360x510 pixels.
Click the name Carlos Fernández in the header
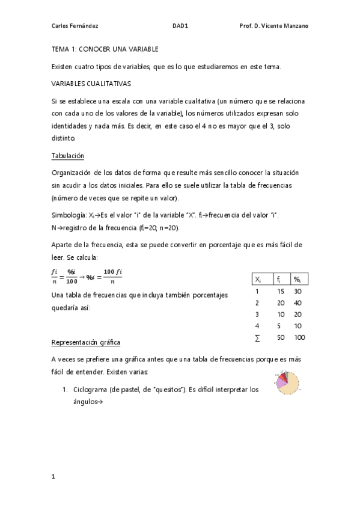point(75,26)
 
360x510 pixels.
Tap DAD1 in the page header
point(180,26)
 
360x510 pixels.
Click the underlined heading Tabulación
point(67,156)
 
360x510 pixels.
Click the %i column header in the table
point(297,280)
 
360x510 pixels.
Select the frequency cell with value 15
point(280,291)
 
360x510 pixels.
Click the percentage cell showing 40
point(297,303)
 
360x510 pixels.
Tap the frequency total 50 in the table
point(280,337)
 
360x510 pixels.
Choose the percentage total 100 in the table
point(299,337)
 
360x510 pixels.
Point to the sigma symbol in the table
point(257,337)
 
